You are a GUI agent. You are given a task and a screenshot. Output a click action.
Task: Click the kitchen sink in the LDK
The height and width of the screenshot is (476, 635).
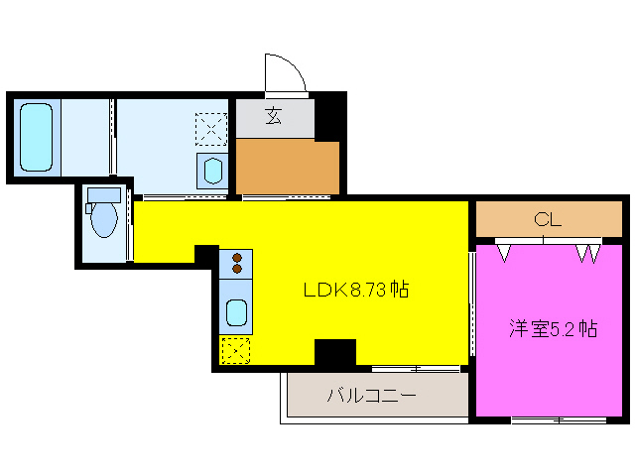point(236,312)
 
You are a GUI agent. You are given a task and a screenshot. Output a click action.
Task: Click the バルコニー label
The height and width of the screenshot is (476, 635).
point(371,397)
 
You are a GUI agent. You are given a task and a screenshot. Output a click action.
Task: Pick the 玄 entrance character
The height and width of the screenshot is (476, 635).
point(273,116)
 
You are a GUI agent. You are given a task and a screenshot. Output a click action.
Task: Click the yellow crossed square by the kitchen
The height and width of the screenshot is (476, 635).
point(235,350)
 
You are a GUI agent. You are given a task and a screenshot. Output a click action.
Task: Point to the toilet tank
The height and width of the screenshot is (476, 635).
point(102,194)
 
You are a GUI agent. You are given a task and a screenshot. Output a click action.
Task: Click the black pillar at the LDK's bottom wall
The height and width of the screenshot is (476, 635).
point(334,353)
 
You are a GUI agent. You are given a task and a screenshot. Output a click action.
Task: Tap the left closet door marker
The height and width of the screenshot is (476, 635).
point(505,252)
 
